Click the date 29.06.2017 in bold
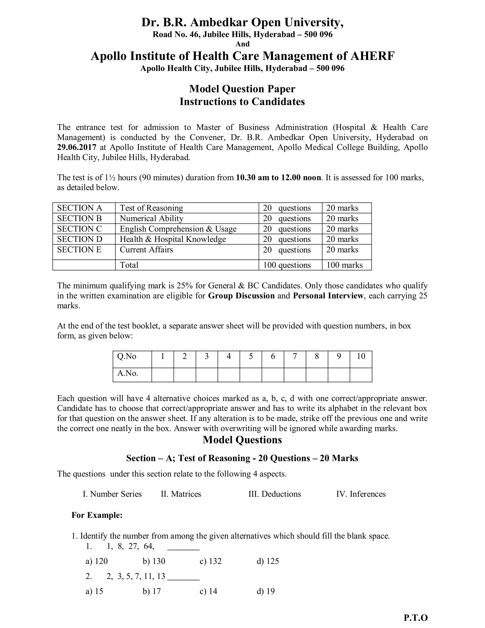coord(76,147)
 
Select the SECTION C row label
coord(79,229)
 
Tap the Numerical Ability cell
coord(151,218)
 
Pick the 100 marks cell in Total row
coord(345,265)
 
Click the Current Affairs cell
coord(146,250)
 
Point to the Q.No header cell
coord(127,357)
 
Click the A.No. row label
coord(128,373)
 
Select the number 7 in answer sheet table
coord(295,357)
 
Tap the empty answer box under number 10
coord(361,375)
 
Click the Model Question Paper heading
coord(242,89)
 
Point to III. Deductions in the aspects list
coord(275,494)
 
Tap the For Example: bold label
coord(97,515)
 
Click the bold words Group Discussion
coord(241,296)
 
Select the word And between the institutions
coord(242,44)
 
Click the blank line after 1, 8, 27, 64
coord(183,547)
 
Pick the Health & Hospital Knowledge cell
coord(173,239)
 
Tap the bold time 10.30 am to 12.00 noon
coord(278,177)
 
